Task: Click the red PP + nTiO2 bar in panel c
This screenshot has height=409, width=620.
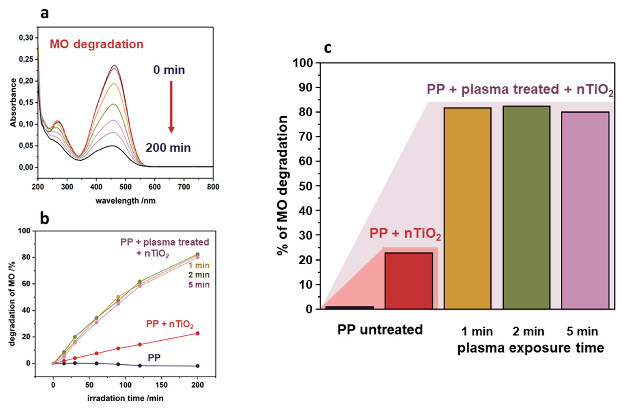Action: pyautogui.click(x=408, y=281)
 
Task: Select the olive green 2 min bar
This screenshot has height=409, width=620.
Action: pyautogui.click(x=526, y=208)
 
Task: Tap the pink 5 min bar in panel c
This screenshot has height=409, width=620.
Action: pyautogui.click(x=585, y=211)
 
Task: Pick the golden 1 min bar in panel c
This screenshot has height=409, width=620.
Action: pyautogui.click(x=467, y=208)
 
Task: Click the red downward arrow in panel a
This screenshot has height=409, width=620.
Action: pyautogui.click(x=171, y=107)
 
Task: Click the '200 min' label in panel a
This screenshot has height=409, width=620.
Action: pyautogui.click(x=168, y=148)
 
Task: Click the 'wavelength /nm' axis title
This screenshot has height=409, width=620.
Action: pyautogui.click(x=126, y=201)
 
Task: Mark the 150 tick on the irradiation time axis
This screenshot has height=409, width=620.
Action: pyautogui.click(x=161, y=385)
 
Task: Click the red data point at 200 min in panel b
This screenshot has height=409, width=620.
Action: pyautogui.click(x=198, y=333)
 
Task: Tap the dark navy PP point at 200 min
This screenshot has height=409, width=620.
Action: pyautogui.click(x=198, y=366)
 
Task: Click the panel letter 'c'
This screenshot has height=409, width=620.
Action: pyautogui.click(x=328, y=48)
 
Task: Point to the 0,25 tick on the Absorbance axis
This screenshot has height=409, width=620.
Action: pyautogui.click(x=26, y=59)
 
